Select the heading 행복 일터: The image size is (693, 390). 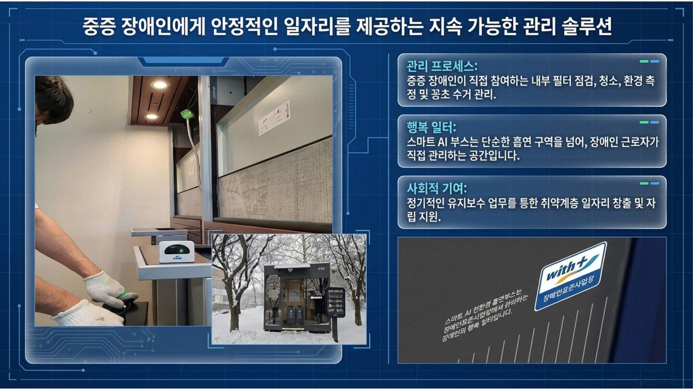pyautogui.click(x=431, y=128)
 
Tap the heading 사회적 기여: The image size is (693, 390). pyautogui.click(x=436, y=188)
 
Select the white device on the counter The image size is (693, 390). pyautogui.click(x=176, y=252)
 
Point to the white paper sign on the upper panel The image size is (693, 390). pyautogui.click(x=274, y=117)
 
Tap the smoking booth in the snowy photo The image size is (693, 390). pyautogui.click(x=296, y=297)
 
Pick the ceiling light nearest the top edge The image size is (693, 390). pyautogui.click(x=159, y=85)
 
